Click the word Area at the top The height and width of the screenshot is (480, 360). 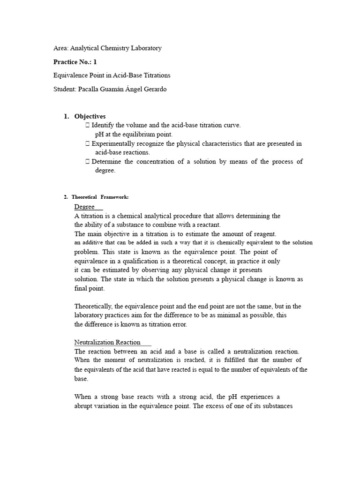(61, 48)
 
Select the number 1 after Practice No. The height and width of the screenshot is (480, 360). (95, 62)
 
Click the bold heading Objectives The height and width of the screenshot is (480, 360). (90, 116)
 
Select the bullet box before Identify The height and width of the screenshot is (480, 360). (88, 126)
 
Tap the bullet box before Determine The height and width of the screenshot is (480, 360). (88, 162)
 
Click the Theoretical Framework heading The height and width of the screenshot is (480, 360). (95, 197)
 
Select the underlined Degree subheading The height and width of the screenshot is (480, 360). (85, 207)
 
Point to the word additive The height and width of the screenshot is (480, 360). (91, 243)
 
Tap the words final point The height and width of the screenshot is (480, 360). (90, 288)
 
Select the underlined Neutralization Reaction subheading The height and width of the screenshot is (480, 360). (107, 343)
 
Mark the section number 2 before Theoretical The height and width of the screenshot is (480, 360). (65, 197)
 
